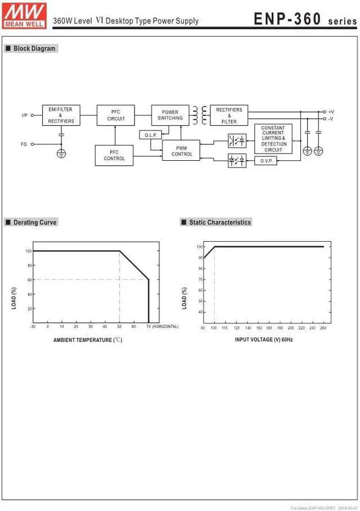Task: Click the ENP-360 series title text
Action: coord(304,19)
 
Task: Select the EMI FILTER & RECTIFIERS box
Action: coord(61,115)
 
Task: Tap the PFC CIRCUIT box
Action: coord(116,115)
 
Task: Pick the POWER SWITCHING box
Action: coord(170,115)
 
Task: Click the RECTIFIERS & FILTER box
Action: coord(229,115)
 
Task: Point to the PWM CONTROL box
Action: coord(181,151)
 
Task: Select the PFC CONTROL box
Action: coord(114,155)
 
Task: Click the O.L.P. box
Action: coord(150,135)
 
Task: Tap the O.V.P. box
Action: coord(266,161)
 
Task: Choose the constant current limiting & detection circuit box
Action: coord(273,138)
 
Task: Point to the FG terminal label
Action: coord(24,144)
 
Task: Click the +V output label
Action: coord(331,112)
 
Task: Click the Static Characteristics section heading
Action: coord(219,223)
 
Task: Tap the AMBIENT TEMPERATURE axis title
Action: coord(87,340)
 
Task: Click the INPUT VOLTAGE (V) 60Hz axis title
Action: coord(263,340)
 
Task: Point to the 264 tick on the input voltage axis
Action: coord(322,327)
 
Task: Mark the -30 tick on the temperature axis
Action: coord(33,327)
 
